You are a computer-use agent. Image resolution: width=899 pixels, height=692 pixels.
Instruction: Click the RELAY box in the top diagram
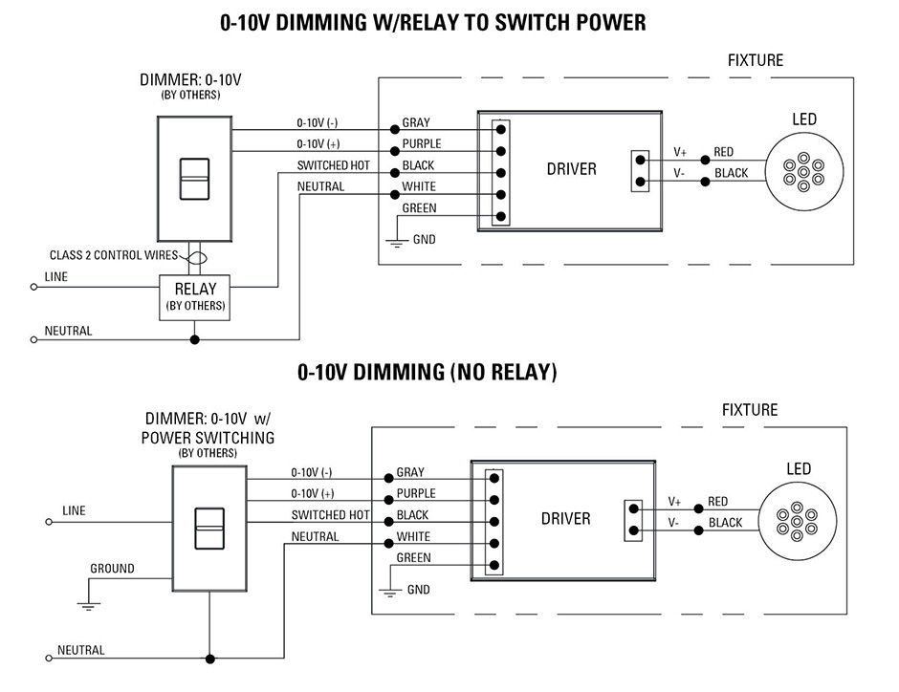tap(194, 296)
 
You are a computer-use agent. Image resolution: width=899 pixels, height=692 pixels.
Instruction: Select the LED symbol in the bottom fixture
tap(797, 522)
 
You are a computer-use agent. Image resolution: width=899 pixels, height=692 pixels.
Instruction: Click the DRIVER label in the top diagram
tap(571, 169)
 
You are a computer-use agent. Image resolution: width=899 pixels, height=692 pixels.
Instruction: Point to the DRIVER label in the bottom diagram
tap(565, 519)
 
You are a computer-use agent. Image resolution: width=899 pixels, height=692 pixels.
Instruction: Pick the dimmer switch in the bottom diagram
tap(208, 528)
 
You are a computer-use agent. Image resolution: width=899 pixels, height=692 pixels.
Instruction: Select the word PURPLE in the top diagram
tap(421, 144)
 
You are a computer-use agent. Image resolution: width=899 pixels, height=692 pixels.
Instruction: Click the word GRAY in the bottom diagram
tap(410, 473)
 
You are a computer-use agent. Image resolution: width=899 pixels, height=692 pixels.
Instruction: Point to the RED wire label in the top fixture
tap(724, 152)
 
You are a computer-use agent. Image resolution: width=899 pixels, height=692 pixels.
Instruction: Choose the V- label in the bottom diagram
tap(675, 523)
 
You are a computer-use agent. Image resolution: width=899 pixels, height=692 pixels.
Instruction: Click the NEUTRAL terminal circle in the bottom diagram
tap(49, 659)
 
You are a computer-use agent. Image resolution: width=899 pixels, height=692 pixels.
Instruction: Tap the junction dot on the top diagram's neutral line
tap(194, 339)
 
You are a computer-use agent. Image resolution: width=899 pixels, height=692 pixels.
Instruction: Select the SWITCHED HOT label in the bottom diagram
tap(330, 515)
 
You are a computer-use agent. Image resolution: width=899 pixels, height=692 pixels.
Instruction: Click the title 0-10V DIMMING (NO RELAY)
tap(427, 372)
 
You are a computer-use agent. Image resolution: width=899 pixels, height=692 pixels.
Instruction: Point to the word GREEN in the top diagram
tap(419, 208)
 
